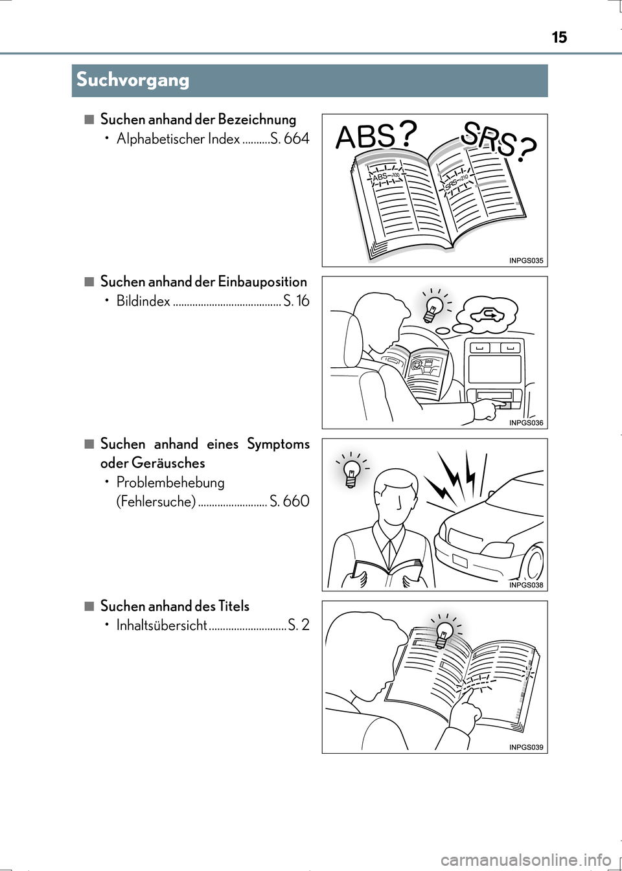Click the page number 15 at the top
point(559,38)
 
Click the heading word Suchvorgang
point(133,80)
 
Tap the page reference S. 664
point(290,139)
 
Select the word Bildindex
point(143,301)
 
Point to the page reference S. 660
point(290,501)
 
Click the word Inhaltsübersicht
point(161,626)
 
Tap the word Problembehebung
point(170,482)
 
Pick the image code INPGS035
point(526,261)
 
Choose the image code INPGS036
point(526,423)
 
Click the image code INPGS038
point(526,585)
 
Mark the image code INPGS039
point(526,747)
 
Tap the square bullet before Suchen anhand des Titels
point(89,605)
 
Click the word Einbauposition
point(262,282)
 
